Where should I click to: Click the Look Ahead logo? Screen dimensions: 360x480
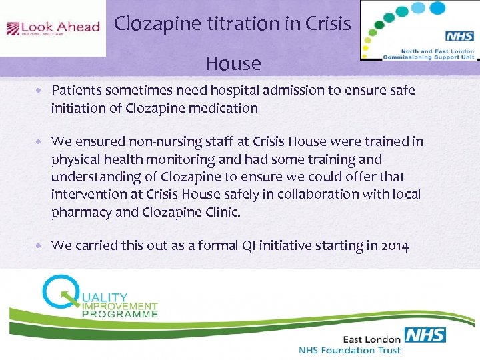(53, 28)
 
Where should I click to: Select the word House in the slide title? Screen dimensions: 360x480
(233, 63)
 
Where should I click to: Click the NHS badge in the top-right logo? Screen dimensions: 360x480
(459, 36)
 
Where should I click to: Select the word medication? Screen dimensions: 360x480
(225, 108)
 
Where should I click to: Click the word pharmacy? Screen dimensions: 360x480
(82, 212)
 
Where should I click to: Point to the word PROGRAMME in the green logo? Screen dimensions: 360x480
(120, 313)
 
